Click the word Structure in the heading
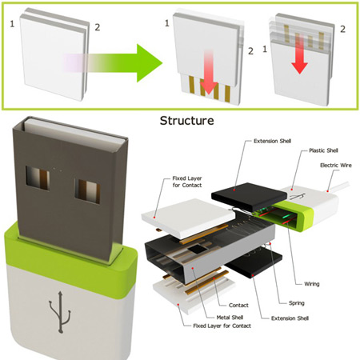pyautogui.click(x=186, y=121)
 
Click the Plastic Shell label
pyautogui.click(x=323, y=150)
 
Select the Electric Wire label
pyautogui.click(x=336, y=166)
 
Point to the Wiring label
pyautogui.click(x=312, y=284)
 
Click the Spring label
pyautogui.click(x=297, y=303)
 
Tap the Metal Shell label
pyautogui.click(x=230, y=318)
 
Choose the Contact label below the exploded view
pyautogui.click(x=238, y=306)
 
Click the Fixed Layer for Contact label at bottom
pyautogui.click(x=222, y=326)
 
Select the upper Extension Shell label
pyautogui.click(x=272, y=141)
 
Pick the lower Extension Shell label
pyautogui.click(x=290, y=318)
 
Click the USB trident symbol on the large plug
pyautogui.click(x=60, y=312)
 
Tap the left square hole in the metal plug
pyautogui.click(x=38, y=178)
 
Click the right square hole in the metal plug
pyautogui.click(x=87, y=191)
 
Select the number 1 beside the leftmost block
pyautogui.click(x=12, y=24)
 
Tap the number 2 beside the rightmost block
pyautogui.click(x=342, y=29)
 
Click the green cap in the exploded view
pyautogui.click(x=294, y=216)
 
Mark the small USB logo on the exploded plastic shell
pyautogui.click(x=298, y=197)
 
